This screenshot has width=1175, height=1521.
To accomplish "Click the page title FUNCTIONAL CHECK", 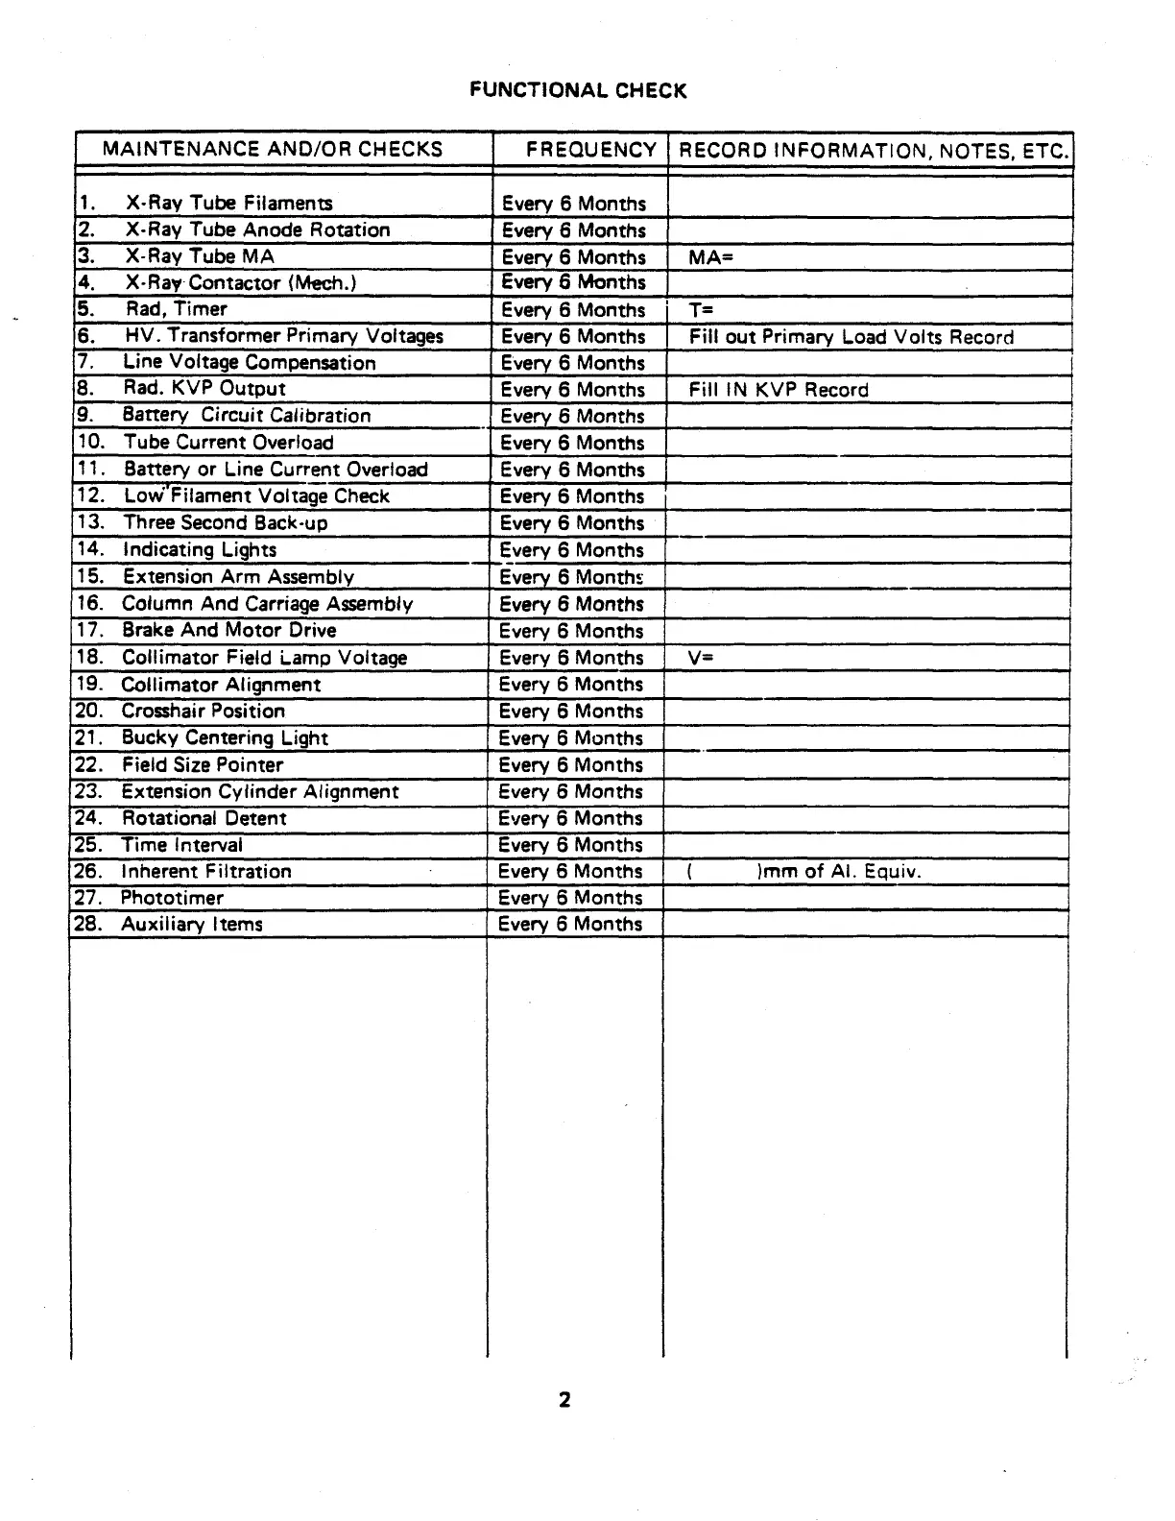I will [x=578, y=91].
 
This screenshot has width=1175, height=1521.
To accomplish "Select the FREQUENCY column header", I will [x=590, y=150].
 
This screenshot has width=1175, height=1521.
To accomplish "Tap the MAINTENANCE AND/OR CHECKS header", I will [x=273, y=149].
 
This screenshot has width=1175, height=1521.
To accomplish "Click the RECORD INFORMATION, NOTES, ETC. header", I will [x=873, y=151].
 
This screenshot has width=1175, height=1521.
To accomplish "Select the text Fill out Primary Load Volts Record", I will [x=851, y=337].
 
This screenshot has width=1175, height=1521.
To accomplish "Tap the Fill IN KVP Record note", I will [x=779, y=390].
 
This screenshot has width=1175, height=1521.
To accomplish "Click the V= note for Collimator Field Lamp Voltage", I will [x=701, y=658].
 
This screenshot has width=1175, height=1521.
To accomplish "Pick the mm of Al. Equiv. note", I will [x=838, y=872].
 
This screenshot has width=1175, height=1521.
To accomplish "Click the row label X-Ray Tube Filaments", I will [x=229, y=204].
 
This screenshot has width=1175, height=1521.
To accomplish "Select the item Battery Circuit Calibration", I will [x=247, y=416].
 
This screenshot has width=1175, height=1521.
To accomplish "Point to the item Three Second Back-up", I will [x=226, y=523].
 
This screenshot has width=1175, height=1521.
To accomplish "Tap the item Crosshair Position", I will [x=204, y=712].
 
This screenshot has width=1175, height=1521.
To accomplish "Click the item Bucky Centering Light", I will [x=225, y=738].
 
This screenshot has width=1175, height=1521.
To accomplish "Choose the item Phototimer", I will [x=172, y=899].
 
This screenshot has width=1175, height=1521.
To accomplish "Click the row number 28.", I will [x=87, y=925].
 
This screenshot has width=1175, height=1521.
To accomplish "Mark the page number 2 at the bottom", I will [x=564, y=1400].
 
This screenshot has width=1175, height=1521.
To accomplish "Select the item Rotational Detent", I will [x=204, y=819].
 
